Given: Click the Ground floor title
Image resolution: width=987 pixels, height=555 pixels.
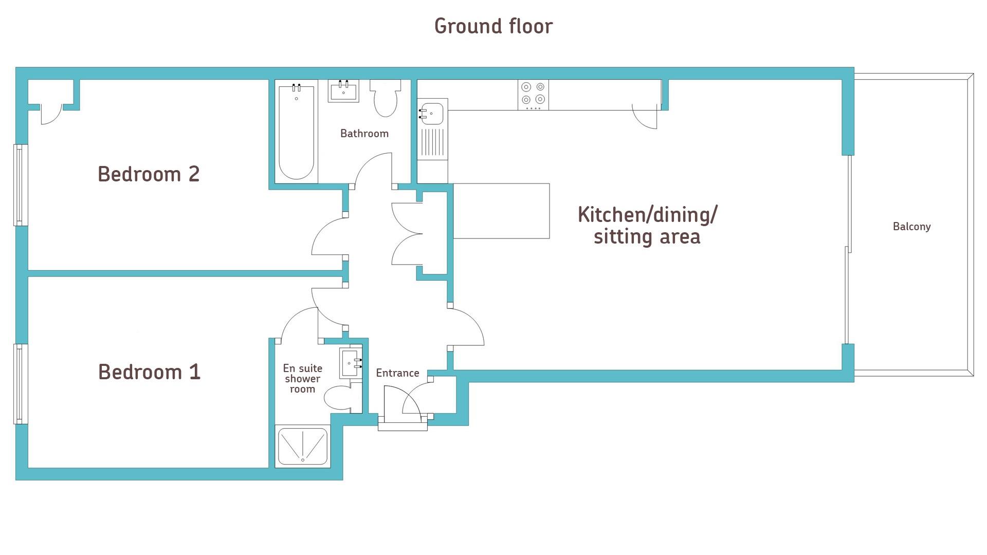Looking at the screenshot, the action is (x=493, y=26).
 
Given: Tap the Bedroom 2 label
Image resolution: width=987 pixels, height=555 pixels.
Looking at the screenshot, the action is (x=149, y=174).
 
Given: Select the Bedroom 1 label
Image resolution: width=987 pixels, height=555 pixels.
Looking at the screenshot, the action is (x=149, y=372).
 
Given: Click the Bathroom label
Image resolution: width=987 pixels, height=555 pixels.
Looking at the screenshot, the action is (x=364, y=134).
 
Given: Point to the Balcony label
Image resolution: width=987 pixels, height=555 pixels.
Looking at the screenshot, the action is (x=911, y=227).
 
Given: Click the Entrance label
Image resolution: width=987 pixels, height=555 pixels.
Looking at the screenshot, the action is (x=397, y=373).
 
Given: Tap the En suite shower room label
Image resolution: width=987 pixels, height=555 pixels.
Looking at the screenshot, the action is (x=303, y=379).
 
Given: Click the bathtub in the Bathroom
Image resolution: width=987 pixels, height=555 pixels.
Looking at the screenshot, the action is (x=296, y=133).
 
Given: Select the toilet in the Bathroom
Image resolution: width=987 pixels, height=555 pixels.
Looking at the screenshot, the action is (x=386, y=98).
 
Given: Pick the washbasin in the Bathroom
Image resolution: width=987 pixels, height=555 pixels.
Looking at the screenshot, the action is (x=343, y=91).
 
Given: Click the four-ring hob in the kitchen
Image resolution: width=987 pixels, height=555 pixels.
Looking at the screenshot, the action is (x=533, y=95).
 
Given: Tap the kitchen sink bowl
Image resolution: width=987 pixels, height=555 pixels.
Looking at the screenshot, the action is (x=432, y=114).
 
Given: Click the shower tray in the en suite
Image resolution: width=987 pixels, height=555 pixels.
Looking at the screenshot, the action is (x=303, y=446).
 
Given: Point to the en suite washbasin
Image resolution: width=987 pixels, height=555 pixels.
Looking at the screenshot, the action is (x=351, y=363).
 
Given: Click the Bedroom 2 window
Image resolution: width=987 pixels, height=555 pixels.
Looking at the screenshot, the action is (x=21, y=185).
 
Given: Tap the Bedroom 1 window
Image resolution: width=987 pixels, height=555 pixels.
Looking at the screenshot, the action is (x=21, y=384).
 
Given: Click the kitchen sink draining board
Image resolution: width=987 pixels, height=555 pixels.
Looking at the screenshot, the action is (x=432, y=142).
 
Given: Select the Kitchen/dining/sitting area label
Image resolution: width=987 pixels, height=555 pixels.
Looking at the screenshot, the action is (x=647, y=226).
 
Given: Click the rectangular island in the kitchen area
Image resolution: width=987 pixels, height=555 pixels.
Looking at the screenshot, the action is (x=501, y=211).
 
